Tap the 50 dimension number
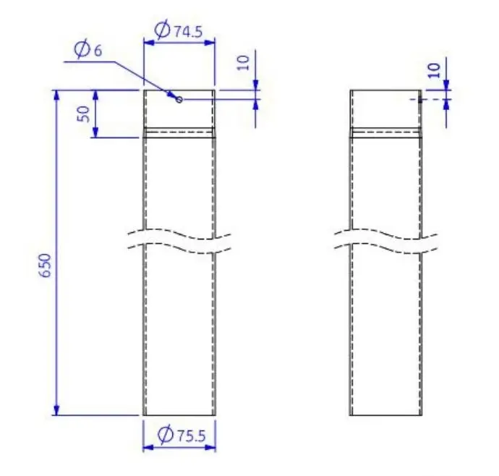click(84, 114)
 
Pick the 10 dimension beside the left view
click(243, 62)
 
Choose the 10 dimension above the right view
click(434, 69)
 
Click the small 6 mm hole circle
click(179, 99)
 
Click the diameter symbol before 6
click(81, 50)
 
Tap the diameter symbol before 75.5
click(164, 435)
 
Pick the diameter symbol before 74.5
click(163, 30)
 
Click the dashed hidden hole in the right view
click(419, 99)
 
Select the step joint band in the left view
click(179, 132)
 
